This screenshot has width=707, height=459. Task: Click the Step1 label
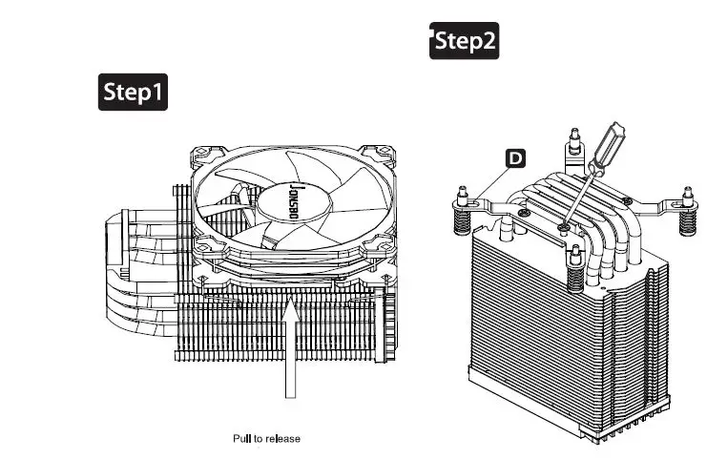point(134,92)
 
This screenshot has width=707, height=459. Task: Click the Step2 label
point(465,41)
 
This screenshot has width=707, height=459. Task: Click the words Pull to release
point(267,439)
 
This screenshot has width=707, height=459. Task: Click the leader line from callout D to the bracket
point(499,176)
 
